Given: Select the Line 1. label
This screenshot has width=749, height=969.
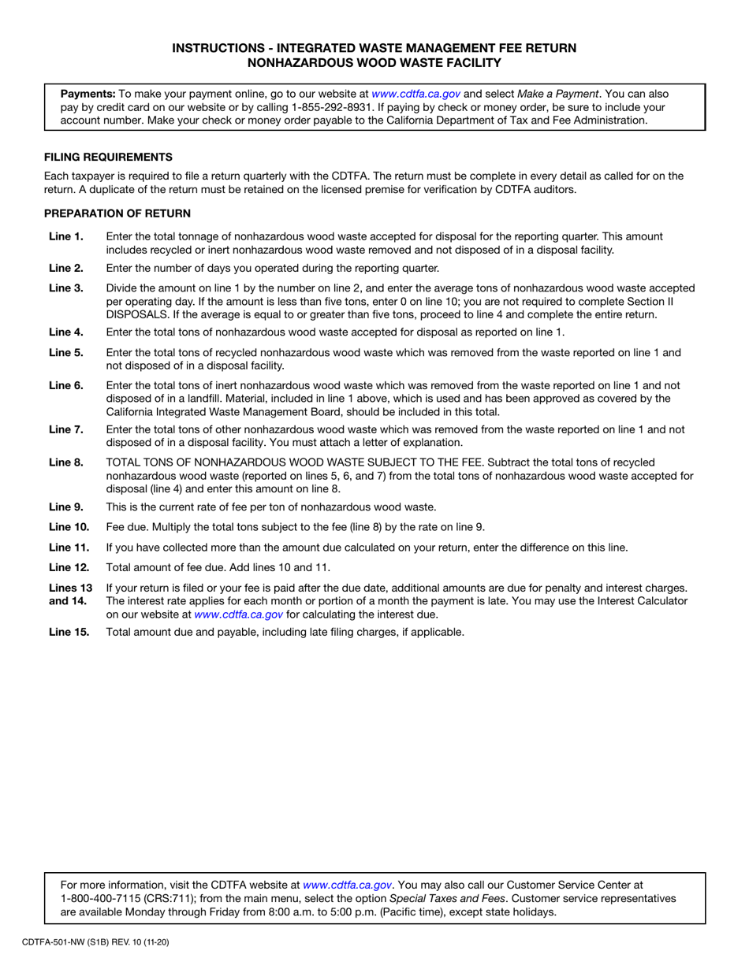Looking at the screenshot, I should [65, 236].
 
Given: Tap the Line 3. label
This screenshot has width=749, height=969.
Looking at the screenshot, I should [65, 288].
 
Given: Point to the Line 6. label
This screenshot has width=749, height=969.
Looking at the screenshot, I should [65, 385].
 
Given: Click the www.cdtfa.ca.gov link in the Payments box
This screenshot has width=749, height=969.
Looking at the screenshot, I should [415, 93].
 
